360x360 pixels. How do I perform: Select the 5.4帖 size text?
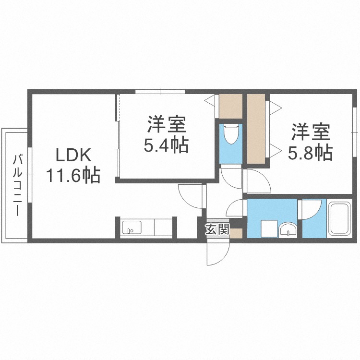pos(166,145)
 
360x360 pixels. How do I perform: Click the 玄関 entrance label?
pos(217,230)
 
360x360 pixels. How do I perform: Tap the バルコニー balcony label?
pos(18,185)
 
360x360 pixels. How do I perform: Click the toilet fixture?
pos(230,135)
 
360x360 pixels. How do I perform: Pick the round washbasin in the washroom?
pos(288,230)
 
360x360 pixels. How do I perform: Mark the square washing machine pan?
pos(269,228)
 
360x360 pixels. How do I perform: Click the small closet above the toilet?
pos(230,107)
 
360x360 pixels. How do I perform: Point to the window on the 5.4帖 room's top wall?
pos(160,91)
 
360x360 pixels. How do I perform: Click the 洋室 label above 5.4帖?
pos(166,125)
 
